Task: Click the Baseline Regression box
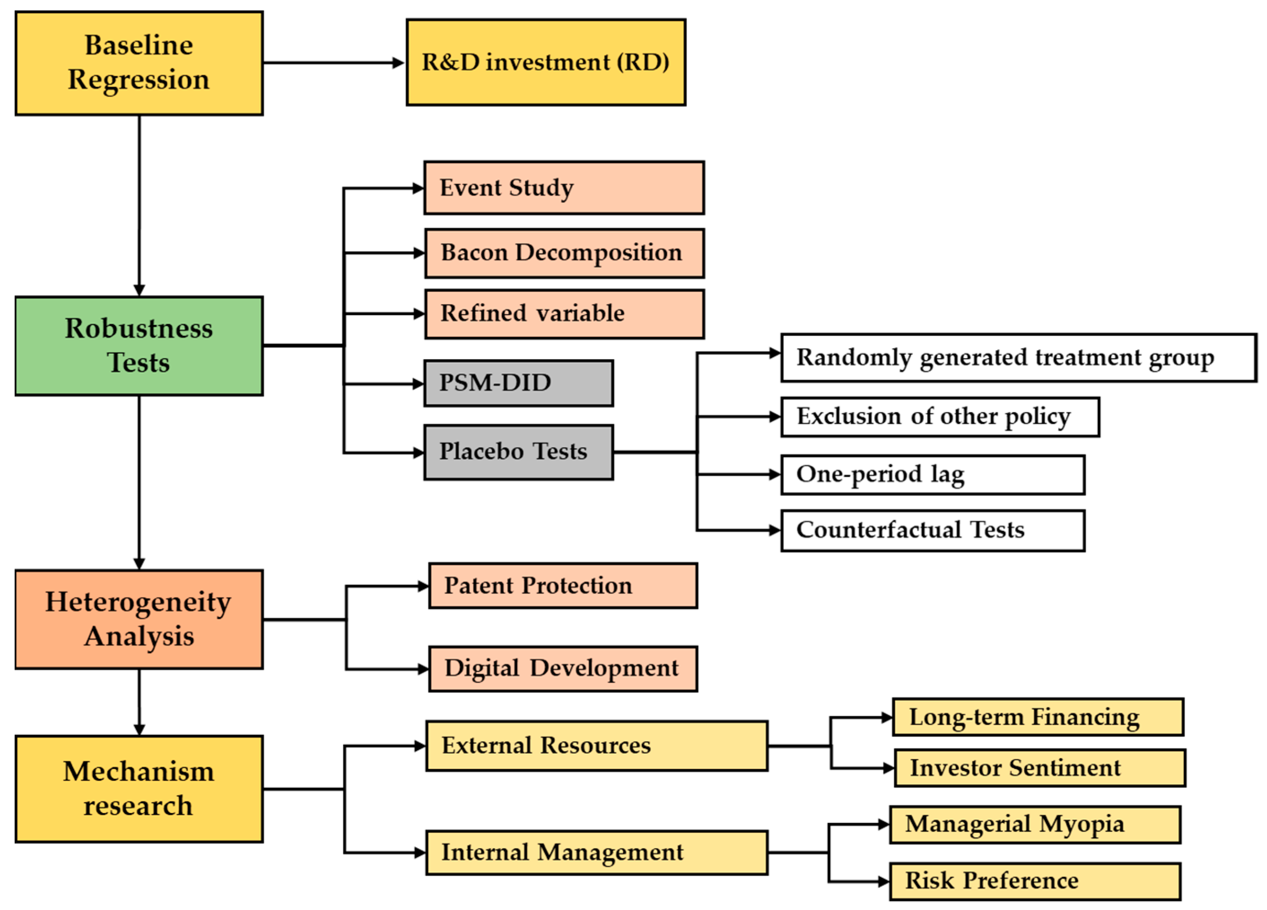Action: [x=139, y=63]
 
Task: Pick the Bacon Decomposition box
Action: [x=564, y=253]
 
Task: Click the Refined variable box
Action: [x=564, y=313]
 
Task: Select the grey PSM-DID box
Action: [x=518, y=383]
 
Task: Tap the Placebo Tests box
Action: [x=518, y=452]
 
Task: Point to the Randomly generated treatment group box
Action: [x=1018, y=358]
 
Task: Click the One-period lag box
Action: [x=932, y=475]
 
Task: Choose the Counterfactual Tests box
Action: [x=932, y=530]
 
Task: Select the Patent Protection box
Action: [x=563, y=585]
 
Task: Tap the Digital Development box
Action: [x=563, y=668]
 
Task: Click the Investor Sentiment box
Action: [x=1039, y=768]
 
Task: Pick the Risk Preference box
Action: [x=1035, y=881]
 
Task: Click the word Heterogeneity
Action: [x=138, y=602]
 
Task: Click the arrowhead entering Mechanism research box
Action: [x=139, y=729]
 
